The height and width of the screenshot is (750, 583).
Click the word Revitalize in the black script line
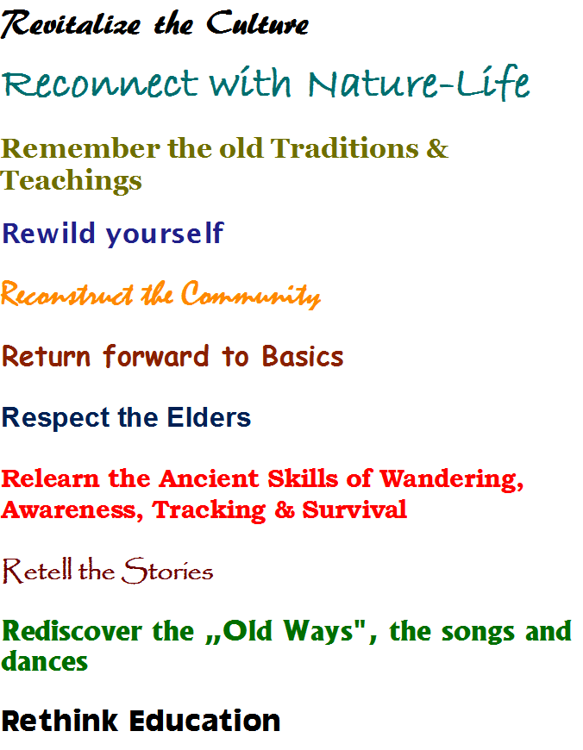coord(71,24)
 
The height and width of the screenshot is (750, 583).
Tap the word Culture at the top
coord(258,23)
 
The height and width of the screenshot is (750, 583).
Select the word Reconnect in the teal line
coord(99,82)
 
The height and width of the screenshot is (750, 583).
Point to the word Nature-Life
coord(419,81)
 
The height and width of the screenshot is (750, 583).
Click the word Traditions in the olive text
coord(345,147)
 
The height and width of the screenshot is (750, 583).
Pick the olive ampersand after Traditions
coord(437,147)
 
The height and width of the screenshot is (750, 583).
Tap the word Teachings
coord(72,181)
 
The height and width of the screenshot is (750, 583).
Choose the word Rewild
coord(49,233)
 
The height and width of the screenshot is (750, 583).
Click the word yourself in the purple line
coord(165,234)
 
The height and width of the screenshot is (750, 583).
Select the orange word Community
coord(251,295)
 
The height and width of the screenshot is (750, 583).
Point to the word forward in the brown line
coord(156,356)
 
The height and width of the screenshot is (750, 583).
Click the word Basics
coord(303,356)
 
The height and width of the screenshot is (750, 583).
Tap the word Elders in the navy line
coord(209,417)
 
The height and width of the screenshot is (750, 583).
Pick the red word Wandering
coord(452,479)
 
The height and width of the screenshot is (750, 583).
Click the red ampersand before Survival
coord(285,509)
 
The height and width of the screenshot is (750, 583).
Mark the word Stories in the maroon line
coord(167,570)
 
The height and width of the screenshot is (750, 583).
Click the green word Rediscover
coord(72,631)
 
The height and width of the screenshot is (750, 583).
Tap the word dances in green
coord(45,661)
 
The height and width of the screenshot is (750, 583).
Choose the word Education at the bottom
coord(205,721)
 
